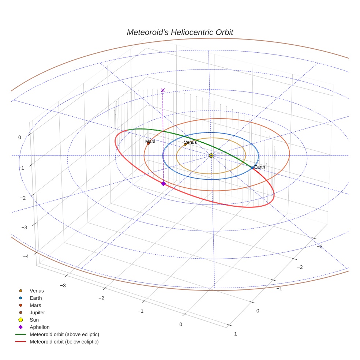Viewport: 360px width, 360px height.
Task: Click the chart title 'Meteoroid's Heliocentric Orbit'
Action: pyautogui.click(x=180, y=32)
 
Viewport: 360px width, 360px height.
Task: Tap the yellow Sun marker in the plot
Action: pyautogui.click(x=211, y=155)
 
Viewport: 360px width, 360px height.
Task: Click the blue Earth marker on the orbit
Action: pyautogui.click(x=252, y=168)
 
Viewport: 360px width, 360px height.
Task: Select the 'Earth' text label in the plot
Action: pyautogui.click(x=259, y=167)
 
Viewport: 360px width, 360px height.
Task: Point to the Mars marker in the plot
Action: pyautogui.click(x=148, y=143)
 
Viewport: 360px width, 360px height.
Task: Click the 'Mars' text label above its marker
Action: pyautogui.click(x=150, y=141)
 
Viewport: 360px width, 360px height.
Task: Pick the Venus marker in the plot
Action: pyautogui.click(x=185, y=144)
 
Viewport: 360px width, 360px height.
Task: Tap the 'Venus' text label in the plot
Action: pyautogui.click(x=190, y=142)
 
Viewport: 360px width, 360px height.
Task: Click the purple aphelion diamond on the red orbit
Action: pyautogui.click(x=163, y=184)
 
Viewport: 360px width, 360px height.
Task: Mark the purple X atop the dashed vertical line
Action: pyautogui.click(x=163, y=90)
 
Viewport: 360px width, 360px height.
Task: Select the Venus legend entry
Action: pyautogui.click(x=37, y=291)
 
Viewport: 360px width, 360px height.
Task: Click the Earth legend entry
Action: pyautogui.click(x=36, y=298)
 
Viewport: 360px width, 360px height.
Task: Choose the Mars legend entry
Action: pyautogui.click(x=35, y=305)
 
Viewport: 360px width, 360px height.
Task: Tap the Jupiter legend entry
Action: pyautogui.click(x=37, y=312)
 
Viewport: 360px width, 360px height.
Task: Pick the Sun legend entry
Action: pyautogui.click(x=34, y=320)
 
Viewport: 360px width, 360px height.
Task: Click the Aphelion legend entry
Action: pyautogui.click(x=40, y=327)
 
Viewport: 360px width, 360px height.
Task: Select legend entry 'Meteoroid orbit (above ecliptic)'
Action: pyautogui.click(x=64, y=334)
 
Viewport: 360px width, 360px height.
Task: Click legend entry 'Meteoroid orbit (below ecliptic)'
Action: pyautogui.click(x=64, y=342)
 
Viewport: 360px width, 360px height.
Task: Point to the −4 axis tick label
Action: pyautogui.click(x=26, y=256)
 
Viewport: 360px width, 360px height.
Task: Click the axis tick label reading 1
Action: pyautogui.click(x=235, y=334)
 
